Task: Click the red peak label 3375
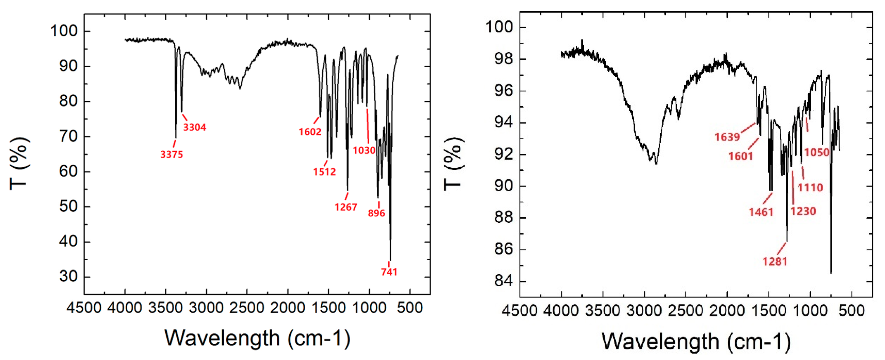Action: pos(172,154)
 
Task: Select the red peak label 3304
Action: pos(194,127)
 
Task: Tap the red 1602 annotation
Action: pos(310,132)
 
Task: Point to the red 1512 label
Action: pos(324,172)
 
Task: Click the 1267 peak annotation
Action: pos(346,207)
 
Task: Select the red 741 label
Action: pos(389,272)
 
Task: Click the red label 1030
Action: pos(364,150)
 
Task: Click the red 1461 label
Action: pos(761,212)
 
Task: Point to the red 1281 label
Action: pos(775,262)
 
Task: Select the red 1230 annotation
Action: pos(803,211)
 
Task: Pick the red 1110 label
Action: pos(810,187)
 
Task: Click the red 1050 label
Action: pos(817,152)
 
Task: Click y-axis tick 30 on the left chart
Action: pos(68,276)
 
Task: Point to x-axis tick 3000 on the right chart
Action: pos(644,311)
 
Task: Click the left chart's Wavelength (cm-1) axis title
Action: pos(257,338)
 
